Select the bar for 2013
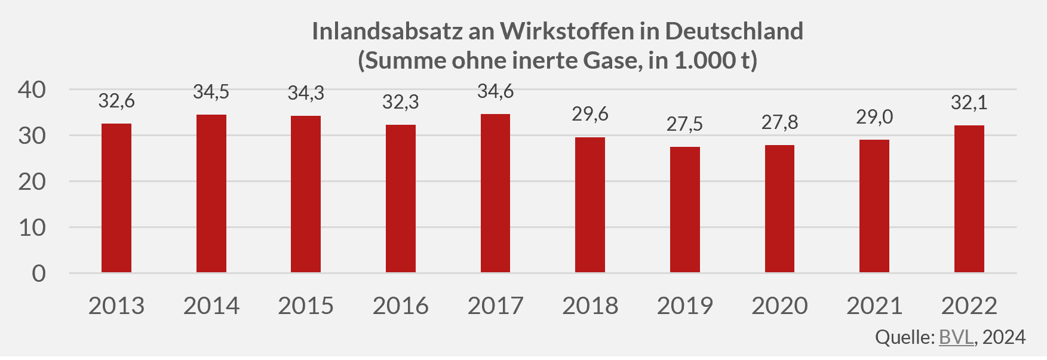point(116,198)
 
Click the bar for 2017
point(495,193)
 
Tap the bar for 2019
point(684,210)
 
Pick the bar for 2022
point(969,199)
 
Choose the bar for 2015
point(306,194)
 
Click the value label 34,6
point(495,91)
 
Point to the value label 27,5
point(684,124)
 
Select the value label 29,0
point(874,117)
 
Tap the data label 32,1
point(969,103)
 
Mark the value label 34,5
point(211,92)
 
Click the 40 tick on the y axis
point(32,90)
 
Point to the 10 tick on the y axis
point(32,227)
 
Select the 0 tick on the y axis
point(39,273)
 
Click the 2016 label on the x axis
point(400,306)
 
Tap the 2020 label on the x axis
point(779,306)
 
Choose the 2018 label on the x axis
point(590,306)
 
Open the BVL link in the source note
point(956,337)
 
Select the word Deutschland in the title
point(734,31)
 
